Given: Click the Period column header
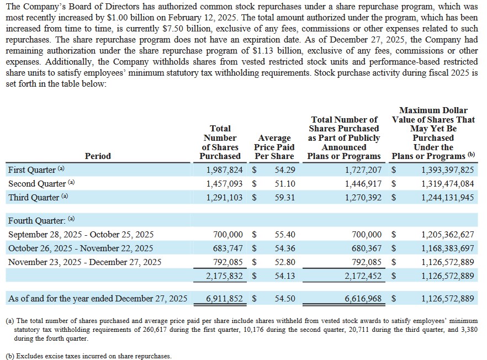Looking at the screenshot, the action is click(98, 156).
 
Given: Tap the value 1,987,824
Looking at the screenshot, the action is click(225, 170).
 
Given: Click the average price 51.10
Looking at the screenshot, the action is click(285, 183).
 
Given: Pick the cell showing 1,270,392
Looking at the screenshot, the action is click(363, 197).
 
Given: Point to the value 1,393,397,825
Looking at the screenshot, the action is click(448, 170).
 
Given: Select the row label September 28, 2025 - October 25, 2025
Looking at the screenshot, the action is click(81, 234).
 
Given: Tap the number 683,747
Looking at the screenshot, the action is click(227, 248).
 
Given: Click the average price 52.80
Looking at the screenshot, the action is click(285, 262).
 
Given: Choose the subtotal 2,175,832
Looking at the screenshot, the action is click(225, 276).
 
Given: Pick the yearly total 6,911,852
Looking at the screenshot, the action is click(225, 299).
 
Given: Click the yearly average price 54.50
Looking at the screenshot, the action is click(285, 299).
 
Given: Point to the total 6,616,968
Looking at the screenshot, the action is click(363, 299).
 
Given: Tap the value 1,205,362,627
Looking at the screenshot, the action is click(448, 235).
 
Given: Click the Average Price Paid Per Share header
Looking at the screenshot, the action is click(274, 147).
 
